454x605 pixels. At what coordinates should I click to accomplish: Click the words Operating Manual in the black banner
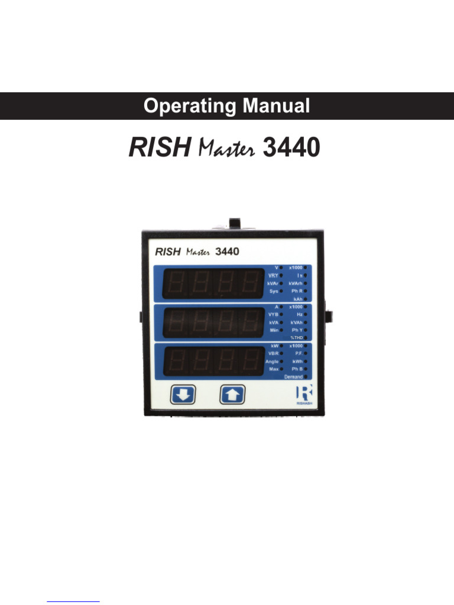(x=226, y=106)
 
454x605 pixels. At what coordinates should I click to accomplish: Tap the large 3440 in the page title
(x=291, y=148)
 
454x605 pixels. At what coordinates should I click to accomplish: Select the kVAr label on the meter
(x=273, y=284)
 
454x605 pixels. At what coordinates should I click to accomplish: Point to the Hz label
(x=300, y=315)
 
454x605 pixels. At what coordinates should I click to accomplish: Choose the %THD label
(x=297, y=337)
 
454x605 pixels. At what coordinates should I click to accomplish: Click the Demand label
(x=294, y=376)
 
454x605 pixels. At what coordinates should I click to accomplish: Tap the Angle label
(x=272, y=361)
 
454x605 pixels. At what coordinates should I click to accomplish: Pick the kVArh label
(x=296, y=284)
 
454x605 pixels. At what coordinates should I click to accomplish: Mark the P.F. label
(x=299, y=353)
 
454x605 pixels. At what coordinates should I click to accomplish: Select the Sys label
(x=274, y=291)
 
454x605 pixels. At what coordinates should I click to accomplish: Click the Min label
(x=274, y=330)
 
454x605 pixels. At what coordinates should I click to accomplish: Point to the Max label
(x=274, y=369)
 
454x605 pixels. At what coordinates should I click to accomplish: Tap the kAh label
(x=298, y=299)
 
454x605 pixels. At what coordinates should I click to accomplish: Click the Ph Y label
(x=297, y=330)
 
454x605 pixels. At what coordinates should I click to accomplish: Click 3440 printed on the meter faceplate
(x=227, y=252)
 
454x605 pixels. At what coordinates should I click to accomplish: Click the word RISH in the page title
(x=158, y=148)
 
